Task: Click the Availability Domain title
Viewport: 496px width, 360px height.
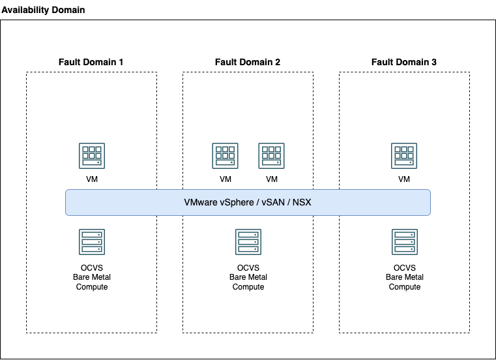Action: (x=43, y=10)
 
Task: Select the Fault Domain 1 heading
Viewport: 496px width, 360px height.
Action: (x=91, y=62)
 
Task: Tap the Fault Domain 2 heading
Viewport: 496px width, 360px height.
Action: (x=248, y=62)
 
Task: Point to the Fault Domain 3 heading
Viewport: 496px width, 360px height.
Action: (x=404, y=62)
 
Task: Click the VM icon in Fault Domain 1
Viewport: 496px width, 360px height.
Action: (x=91, y=156)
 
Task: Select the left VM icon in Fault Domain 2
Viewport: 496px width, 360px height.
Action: (x=225, y=156)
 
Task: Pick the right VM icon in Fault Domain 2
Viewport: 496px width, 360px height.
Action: (x=272, y=156)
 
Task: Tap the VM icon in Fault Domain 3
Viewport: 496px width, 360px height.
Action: (x=404, y=156)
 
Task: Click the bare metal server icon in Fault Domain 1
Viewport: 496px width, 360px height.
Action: (x=91, y=241)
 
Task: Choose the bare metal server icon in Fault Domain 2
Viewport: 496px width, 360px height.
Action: (x=248, y=241)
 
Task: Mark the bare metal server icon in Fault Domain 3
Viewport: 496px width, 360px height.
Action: (x=404, y=241)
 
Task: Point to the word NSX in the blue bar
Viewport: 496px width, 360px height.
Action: (x=302, y=202)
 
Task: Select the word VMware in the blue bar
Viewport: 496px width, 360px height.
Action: (x=200, y=202)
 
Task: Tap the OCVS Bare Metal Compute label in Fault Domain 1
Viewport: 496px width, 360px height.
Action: (x=92, y=277)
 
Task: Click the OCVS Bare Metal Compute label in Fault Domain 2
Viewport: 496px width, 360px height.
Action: (x=248, y=277)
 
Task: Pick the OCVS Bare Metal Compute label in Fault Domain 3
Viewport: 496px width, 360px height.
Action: (x=405, y=277)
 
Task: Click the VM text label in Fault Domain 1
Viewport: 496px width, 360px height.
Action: (x=91, y=179)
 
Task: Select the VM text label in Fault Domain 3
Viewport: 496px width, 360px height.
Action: (x=404, y=179)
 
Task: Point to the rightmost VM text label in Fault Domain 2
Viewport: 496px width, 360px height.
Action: (x=272, y=179)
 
